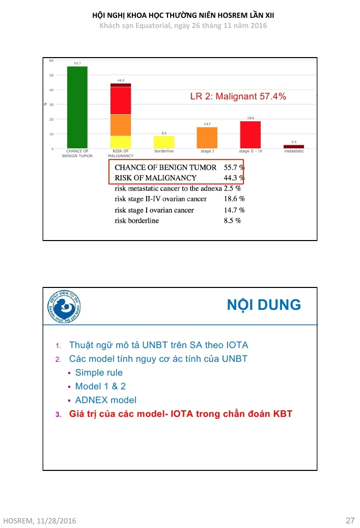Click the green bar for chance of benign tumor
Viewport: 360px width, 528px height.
tap(77, 108)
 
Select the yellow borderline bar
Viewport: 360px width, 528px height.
tap(164, 142)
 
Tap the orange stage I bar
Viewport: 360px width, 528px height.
tap(207, 138)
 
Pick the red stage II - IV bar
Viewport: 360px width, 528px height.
tap(251, 135)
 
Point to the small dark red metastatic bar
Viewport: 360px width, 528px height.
tap(294, 147)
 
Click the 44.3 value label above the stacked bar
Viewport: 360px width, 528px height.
tap(121, 80)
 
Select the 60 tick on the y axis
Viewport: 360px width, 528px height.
tap(51, 61)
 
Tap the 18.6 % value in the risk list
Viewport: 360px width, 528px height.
tap(234, 199)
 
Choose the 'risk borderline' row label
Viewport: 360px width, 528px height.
tap(137, 221)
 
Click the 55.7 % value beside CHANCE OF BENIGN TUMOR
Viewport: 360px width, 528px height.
tap(234, 167)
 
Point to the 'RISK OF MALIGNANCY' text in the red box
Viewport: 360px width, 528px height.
tap(156, 178)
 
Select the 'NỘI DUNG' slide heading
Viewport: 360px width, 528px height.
tap(264, 305)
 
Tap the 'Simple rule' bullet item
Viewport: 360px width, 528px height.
tap(99, 373)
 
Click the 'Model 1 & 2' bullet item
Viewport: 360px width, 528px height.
tap(100, 386)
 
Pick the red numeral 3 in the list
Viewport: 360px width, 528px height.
tap(58, 414)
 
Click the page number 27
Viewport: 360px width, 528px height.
tap(350, 520)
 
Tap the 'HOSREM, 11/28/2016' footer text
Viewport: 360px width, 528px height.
tap(39, 521)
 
